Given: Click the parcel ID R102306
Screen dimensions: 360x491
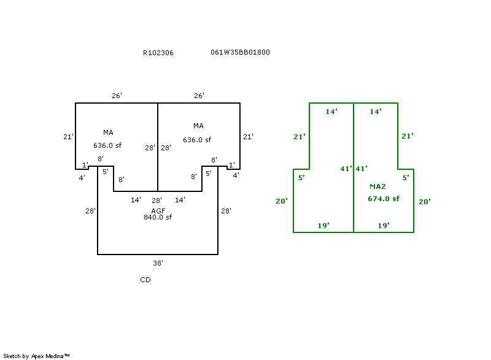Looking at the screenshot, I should coord(158,53).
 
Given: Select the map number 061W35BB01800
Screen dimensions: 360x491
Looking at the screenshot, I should coord(240,52).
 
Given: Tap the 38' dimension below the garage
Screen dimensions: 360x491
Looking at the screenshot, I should coord(158,262).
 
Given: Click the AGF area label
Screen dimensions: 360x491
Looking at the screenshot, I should coord(158,210).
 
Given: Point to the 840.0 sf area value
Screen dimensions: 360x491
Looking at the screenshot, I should coord(158,217).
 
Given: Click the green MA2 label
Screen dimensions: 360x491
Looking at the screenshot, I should coord(377,186).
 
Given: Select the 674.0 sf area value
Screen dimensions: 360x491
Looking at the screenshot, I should coord(384,198).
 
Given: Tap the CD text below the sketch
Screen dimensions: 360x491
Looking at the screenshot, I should coord(145,280).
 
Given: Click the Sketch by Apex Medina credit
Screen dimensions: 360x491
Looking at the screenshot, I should coord(36,356).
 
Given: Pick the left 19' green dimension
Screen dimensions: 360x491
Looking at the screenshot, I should coord(323,226).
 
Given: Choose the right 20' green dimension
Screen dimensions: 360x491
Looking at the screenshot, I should coord(424,201).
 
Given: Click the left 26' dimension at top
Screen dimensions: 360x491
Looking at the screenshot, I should coord(117,96).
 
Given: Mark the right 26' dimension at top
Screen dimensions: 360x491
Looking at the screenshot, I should coord(199,96).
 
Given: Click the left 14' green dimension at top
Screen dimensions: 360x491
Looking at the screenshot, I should coord(331,112).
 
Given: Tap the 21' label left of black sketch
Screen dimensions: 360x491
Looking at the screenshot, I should coord(68,137).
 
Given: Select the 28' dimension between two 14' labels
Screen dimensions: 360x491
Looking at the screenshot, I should coord(157,200).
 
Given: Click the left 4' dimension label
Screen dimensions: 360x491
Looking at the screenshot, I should coord(81,177).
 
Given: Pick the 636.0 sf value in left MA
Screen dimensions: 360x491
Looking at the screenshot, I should coord(107,146).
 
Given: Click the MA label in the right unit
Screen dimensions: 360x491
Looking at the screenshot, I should coord(198,126).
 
